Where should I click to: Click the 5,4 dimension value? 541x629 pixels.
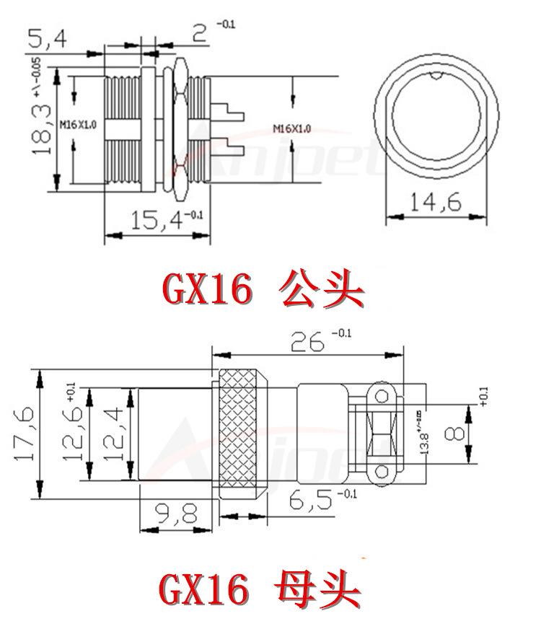click(x=48, y=38)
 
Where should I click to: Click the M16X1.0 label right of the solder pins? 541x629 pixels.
click(x=292, y=129)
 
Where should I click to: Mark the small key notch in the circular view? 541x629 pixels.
click(x=435, y=75)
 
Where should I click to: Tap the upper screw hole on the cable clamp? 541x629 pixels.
click(x=382, y=394)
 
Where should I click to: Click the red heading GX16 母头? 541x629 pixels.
click(x=260, y=591)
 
